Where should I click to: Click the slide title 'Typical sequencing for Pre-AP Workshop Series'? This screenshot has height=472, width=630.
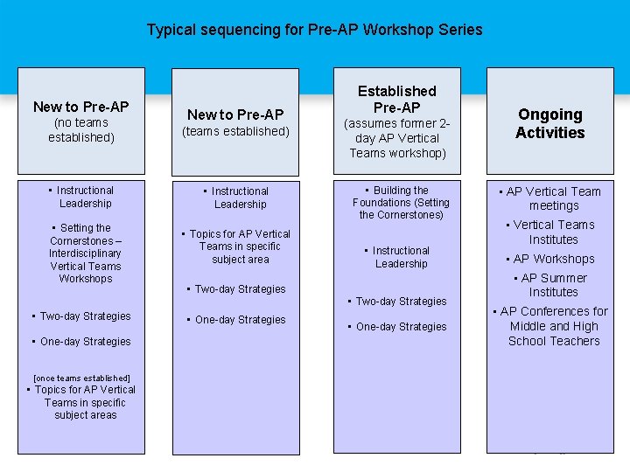click(314, 30)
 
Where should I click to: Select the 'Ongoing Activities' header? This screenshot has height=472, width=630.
click(550, 123)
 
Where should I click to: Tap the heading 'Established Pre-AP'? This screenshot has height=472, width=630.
click(397, 99)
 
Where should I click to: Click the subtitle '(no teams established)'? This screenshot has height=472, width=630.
click(81, 130)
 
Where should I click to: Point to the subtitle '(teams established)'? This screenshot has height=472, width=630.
click(235, 131)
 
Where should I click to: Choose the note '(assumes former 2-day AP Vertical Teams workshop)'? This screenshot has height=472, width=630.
click(397, 138)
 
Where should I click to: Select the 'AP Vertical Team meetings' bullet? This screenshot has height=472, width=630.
click(553, 198)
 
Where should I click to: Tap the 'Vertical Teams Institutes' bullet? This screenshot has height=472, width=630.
click(553, 232)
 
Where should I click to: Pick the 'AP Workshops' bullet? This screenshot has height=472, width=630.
click(553, 259)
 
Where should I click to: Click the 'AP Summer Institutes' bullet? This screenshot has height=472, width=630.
click(553, 285)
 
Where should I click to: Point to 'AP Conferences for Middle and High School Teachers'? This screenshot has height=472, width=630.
click(553, 326)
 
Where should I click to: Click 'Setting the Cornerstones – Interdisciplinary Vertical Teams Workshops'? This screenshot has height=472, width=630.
click(86, 253)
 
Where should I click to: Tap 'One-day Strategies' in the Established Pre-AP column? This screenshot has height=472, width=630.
click(401, 327)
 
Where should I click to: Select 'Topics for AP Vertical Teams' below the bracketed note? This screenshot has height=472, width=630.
click(85, 402)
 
